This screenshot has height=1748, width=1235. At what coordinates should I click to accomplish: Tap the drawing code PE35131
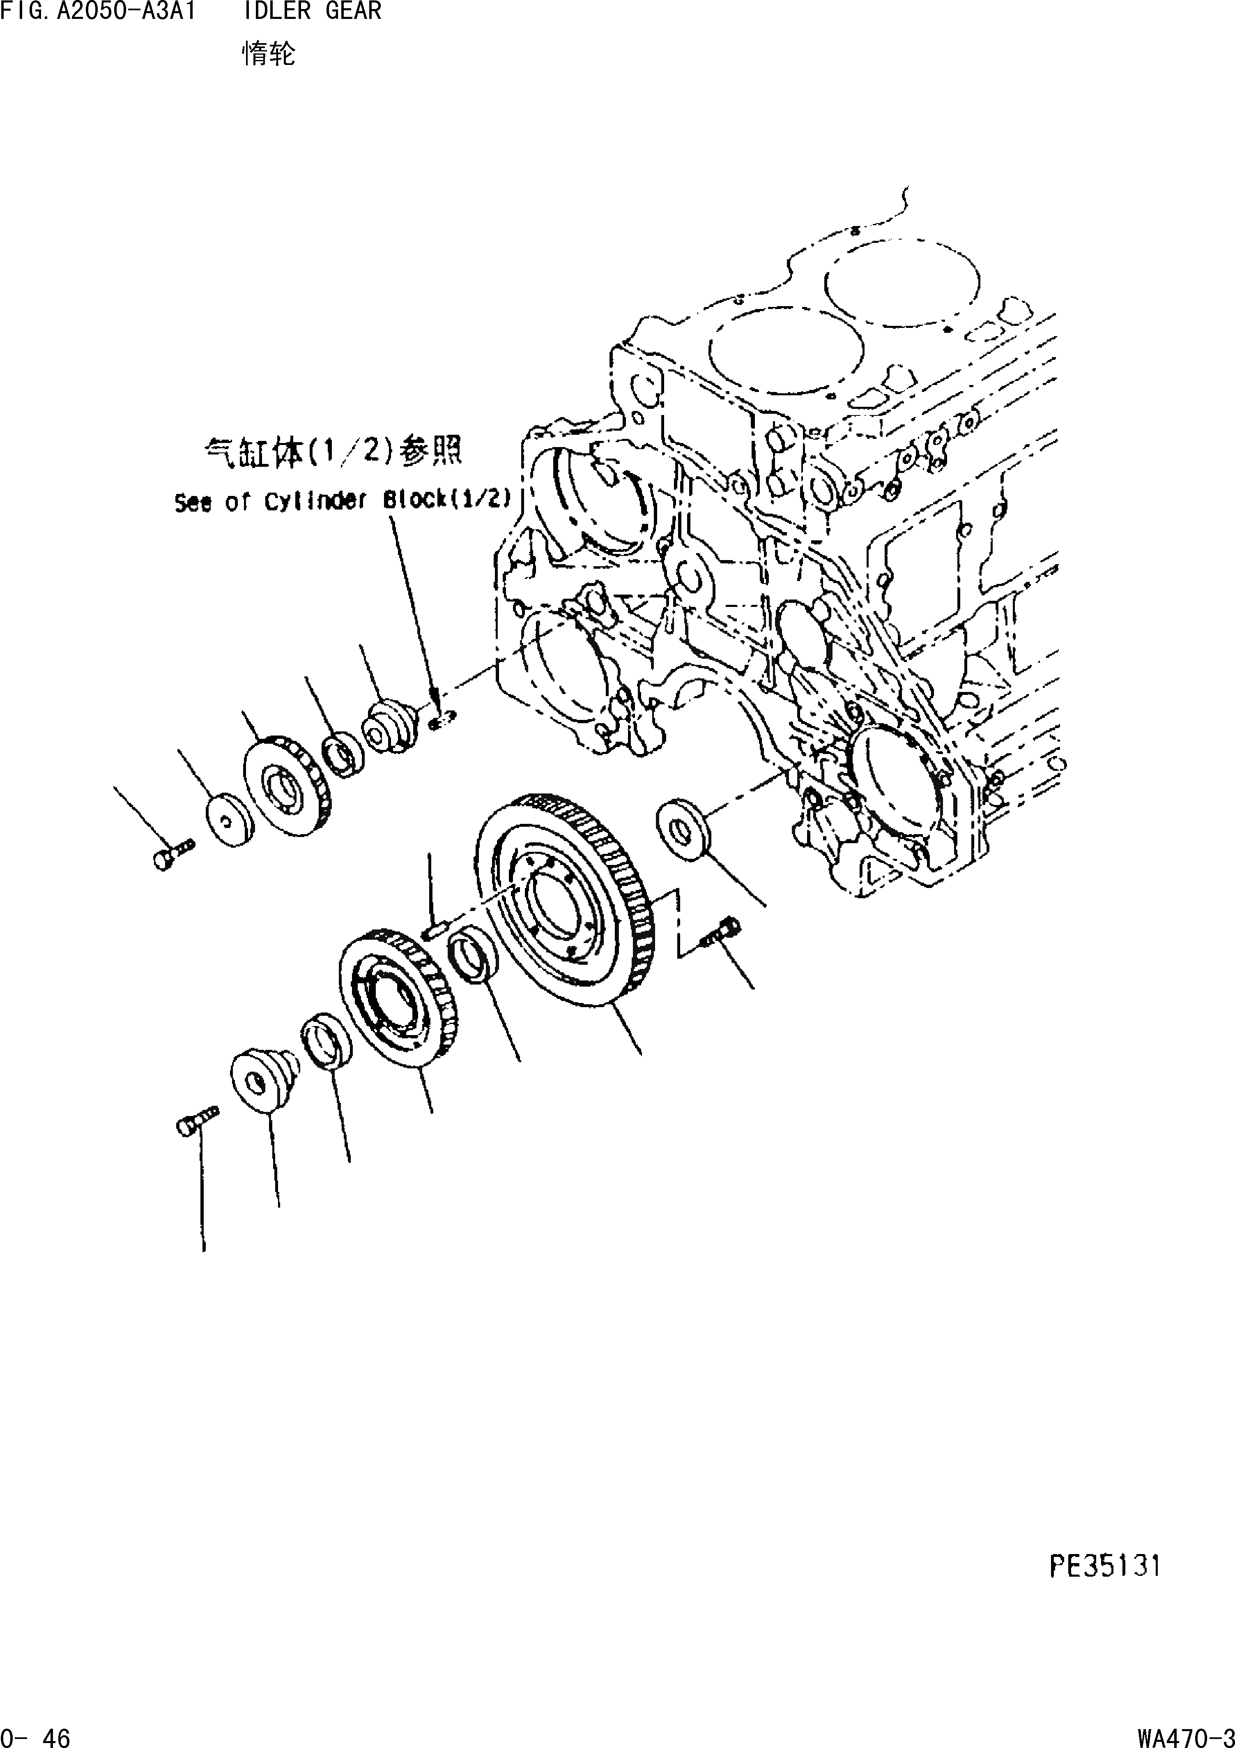pos(1105,1566)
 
